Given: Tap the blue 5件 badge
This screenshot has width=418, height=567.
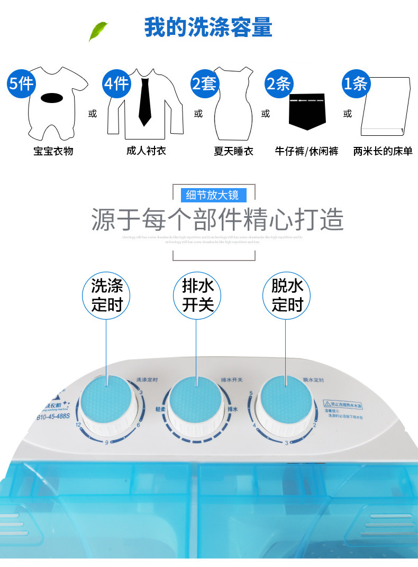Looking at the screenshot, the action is click(21, 83).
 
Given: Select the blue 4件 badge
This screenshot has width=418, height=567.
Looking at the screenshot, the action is click(116, 83).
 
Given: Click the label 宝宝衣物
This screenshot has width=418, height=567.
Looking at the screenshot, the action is click(53, 151).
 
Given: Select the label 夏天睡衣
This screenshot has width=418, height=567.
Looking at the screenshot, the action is click(233, 151).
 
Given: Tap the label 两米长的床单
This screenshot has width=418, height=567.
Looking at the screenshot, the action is click(383, 151).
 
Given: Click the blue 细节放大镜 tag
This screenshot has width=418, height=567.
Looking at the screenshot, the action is click(212, 195).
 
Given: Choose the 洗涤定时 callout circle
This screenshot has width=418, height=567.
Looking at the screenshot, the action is click(107, 296).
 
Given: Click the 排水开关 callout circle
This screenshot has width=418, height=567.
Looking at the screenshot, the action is click(197, 296).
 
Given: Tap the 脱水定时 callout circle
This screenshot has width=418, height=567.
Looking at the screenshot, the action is click(287, 296).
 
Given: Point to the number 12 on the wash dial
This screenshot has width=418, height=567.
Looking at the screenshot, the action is click(78, 425).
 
